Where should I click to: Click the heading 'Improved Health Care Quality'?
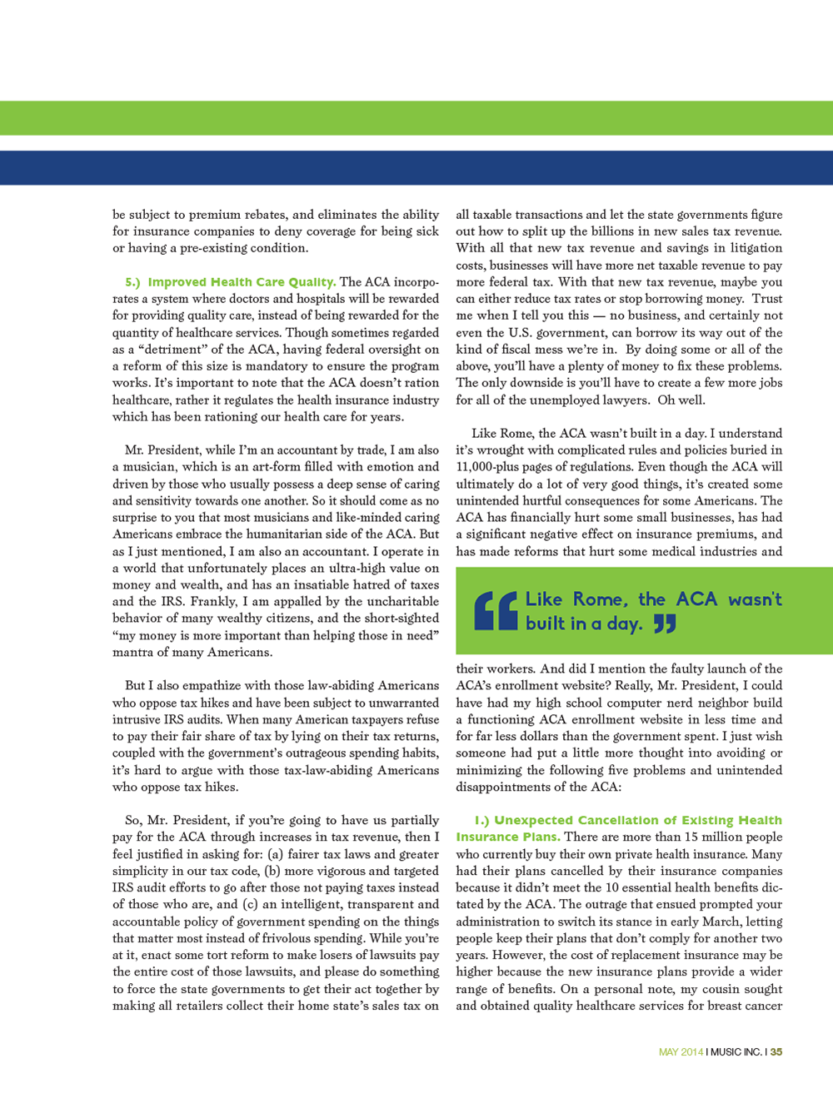tap(242, 282)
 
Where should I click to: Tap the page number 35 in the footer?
tap(776, 1052)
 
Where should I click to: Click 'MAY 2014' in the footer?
tap(681, 1052)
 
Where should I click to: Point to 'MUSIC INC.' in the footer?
tap(736, 1052)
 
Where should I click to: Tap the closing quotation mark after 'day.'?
tap(665, 624)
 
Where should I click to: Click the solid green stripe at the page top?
tap(416, 118)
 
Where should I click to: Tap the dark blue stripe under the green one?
tap(416, 167)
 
